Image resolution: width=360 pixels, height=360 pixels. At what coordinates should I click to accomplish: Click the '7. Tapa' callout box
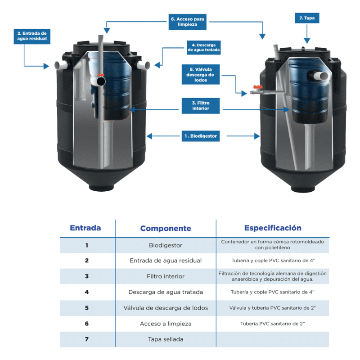(306, 18)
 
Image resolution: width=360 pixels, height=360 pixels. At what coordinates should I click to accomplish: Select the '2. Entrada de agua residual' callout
(31, 36)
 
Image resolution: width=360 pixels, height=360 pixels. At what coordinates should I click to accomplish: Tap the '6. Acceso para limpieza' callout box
(188, 22)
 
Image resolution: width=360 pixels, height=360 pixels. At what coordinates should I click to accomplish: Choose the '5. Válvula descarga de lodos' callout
(200, 75)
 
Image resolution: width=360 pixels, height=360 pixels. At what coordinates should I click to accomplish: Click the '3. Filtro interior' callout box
(200, 105)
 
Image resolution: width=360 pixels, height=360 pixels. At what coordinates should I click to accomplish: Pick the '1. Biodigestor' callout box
(200, 135)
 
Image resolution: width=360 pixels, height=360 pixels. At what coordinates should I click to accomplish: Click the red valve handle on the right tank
(257, 86)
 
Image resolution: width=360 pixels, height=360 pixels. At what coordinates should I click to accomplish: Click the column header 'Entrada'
(85, 228)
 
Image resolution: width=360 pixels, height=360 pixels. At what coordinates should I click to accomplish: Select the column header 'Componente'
(166, 229)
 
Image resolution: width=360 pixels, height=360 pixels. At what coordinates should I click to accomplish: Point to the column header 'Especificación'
(273, 228)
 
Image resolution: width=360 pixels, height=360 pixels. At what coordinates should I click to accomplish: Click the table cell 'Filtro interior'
(166, 276)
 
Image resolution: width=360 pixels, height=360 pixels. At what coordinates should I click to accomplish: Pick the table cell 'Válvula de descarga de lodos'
(166, 308)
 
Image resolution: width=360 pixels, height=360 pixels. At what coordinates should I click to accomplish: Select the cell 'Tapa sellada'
(166, 339)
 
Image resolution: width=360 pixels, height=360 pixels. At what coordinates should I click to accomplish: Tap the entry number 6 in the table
(86, 324)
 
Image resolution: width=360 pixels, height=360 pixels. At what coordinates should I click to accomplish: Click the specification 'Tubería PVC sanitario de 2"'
(273, 324)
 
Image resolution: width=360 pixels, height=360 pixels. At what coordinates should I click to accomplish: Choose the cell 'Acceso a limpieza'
(166, 324)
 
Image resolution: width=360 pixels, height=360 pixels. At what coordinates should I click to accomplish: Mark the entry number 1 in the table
(86, 245)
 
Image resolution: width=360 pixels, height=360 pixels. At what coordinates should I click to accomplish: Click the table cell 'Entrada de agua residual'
(166, 261)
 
